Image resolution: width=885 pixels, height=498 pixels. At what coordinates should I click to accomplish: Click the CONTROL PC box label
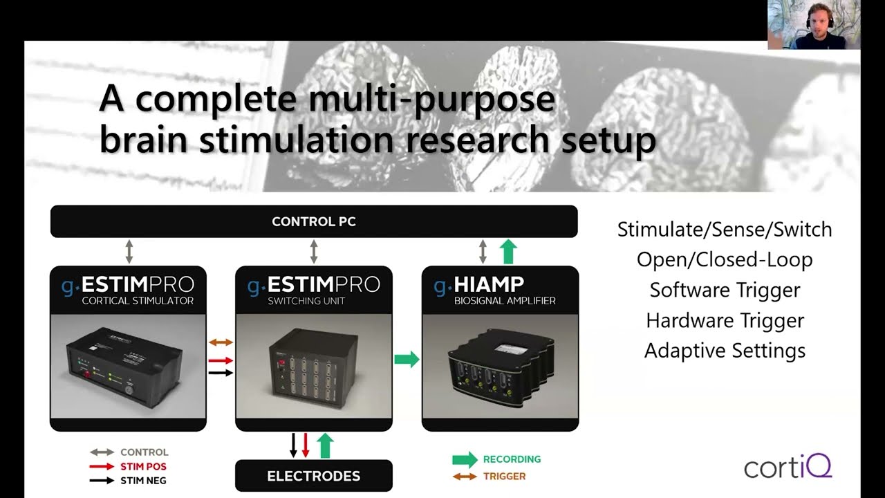tap(314, 221)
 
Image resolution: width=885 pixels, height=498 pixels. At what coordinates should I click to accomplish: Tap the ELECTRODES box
tap(314, 475)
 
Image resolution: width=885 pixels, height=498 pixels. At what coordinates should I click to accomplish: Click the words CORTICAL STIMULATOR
tap(138, 301)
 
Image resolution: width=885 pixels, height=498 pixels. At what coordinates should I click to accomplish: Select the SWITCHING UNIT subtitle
tap(306, 301)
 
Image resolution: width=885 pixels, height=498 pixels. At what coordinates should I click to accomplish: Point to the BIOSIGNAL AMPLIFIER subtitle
tap(505, 301)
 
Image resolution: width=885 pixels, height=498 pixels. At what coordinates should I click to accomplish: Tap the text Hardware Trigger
tap(725, 320)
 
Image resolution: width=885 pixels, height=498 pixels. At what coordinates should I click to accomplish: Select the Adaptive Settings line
tap(725, 351)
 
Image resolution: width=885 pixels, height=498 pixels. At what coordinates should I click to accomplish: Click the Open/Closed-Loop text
tap(725, 259)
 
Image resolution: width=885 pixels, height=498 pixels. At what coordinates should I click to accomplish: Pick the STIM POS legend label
tap(143, 466)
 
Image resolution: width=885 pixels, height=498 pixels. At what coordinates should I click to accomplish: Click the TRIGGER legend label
tap(505, 477)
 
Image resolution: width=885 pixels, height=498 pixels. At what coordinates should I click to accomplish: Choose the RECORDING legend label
tap(512, 459)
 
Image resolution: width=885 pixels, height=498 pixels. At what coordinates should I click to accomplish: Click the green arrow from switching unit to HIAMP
tap(407, 359)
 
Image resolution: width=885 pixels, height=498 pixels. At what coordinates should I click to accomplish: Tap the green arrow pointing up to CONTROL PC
tap(508, 251)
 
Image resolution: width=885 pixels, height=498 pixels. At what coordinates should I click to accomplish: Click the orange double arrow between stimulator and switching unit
tap(221, 342)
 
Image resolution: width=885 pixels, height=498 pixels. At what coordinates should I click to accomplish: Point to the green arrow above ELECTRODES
tap(325, 445)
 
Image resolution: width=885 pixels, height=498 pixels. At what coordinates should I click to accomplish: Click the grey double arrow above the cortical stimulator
tap(129, 251)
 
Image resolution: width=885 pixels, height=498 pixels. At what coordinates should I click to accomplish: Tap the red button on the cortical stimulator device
tap(86, 374)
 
